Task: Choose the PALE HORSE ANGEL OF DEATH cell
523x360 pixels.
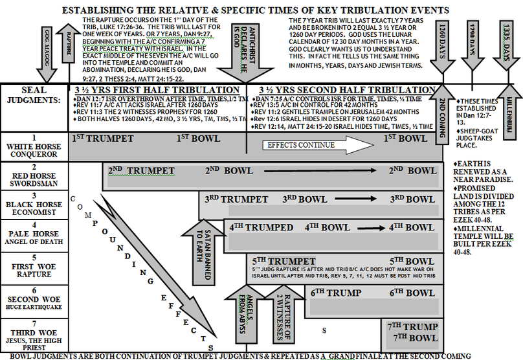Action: coord(34,232)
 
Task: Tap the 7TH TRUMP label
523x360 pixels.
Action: coord(412,326)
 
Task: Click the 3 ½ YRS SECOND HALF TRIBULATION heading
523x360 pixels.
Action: coord(346,90)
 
